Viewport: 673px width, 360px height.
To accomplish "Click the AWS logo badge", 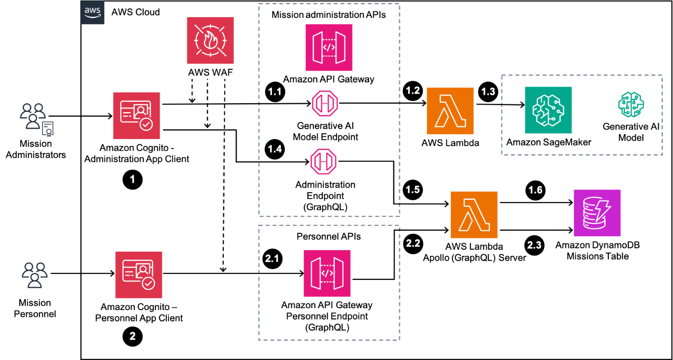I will (92, 13).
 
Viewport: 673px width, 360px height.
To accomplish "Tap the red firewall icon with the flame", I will (210, 41).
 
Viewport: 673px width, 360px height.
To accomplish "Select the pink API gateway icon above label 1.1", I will (328, 48).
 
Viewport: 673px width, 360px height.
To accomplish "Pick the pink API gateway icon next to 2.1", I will (327, 273).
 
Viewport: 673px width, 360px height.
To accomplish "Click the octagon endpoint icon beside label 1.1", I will (325, 103).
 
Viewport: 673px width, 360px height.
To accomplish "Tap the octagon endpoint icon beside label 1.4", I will (323, 161).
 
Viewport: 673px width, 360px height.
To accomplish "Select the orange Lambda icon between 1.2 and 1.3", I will (450, 111).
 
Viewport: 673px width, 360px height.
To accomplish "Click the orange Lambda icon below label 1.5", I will (474, 215).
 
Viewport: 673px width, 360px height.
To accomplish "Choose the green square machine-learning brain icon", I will (548, 110).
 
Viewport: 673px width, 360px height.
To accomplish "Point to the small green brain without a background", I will (631, 105).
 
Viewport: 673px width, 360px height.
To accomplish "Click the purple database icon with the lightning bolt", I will (597, 213).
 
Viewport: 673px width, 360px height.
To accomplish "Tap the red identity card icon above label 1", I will (136, 116).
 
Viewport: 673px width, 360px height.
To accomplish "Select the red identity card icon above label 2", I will (139, 275).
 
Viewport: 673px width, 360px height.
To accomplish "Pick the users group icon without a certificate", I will (34, 275).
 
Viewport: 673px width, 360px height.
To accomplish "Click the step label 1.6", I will (535, 190).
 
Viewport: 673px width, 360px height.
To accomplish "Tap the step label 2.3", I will (534, 245).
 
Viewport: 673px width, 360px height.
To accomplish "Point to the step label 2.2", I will (413, 243).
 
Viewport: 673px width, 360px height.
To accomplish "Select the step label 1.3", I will (488, 92).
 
